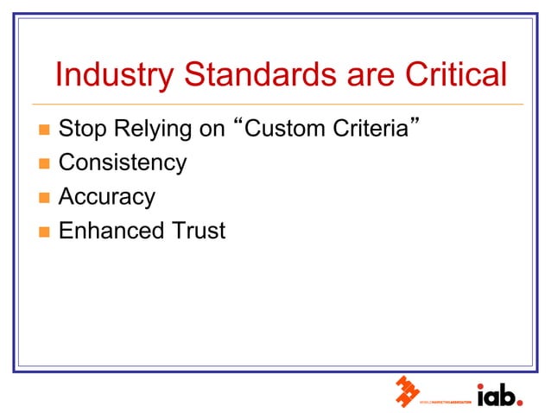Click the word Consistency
122,163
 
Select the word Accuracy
106,197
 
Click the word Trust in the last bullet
198,231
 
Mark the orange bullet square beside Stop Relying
43,131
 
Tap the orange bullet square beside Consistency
43,164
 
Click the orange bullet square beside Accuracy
43,198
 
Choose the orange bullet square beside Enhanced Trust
43,232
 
